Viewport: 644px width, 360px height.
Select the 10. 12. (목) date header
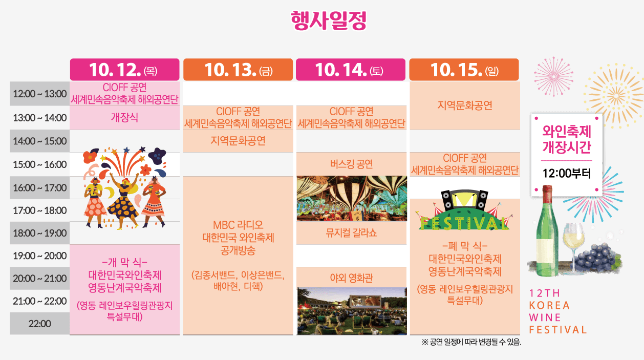(124, 70)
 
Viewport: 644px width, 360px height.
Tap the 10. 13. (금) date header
(238, 70)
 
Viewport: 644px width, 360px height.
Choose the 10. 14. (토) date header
(350, 70)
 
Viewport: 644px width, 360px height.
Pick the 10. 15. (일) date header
(464, 70)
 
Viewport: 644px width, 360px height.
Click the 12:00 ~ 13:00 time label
(39, 94)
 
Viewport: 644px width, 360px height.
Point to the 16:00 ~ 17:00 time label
(39, 188)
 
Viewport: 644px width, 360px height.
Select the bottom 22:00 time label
(39, 324)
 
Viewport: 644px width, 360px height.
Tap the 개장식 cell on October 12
(124, 117)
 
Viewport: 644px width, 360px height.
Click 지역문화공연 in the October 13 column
(238, 141)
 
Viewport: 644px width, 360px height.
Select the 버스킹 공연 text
(351, 164)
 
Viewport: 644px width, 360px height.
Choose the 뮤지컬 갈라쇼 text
(351, 233)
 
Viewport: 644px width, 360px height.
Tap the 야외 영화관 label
(351, 278)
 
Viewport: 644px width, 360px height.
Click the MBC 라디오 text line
(238, 225)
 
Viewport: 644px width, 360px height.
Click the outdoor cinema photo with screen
(352, 310)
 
